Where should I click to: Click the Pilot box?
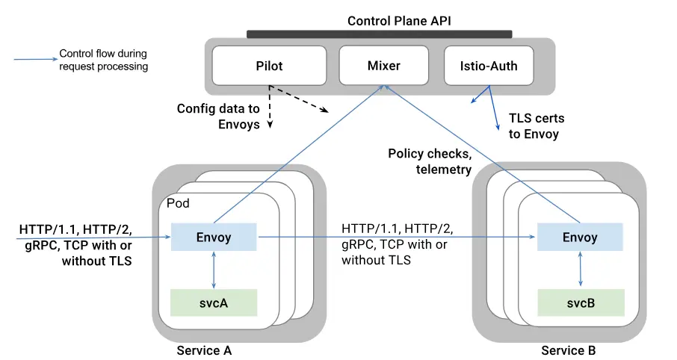tap(269, 66)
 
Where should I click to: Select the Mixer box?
tap(383, 66)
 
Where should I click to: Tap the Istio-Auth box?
tap(489, 66)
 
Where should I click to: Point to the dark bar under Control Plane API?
tap(379, 34)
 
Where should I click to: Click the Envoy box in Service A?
tap(214, 238)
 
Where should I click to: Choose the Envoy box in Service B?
tap(579, 238)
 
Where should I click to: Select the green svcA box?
tap(214, 302)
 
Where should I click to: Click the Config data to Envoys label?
tap(218, 117)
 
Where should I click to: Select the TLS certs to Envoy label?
tap(537, 126)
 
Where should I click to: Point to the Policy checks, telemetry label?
tap(430, 161)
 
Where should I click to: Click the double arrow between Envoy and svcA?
tap(214, 270)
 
